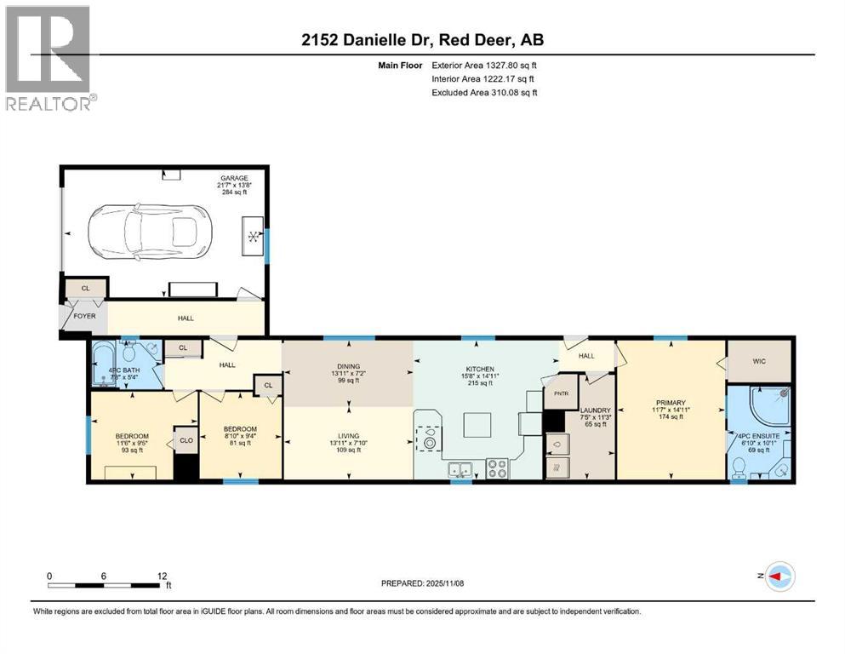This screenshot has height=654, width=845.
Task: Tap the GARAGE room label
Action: click(x=235, y=178)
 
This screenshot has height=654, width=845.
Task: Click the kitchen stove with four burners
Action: click(x=497, y=468)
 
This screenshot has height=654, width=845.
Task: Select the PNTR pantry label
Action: click(x=562, y=394)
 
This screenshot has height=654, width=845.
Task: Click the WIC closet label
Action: click(x=758, y=361)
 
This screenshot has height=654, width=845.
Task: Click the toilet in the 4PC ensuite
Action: click(x=739, y=466)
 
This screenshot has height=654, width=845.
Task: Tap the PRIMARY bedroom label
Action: click(x=671, y=403)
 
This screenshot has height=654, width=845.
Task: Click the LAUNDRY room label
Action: click(x=589, y=410)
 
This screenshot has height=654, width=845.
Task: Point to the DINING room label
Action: click(x=348, y=366)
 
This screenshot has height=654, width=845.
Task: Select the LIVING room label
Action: click(x=348, y=433)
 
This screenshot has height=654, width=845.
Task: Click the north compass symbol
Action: click(x=780, y=577)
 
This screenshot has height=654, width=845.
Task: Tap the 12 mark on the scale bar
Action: click(x=162, y=576)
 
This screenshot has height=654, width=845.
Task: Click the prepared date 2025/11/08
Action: click(x=423, y=583)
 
